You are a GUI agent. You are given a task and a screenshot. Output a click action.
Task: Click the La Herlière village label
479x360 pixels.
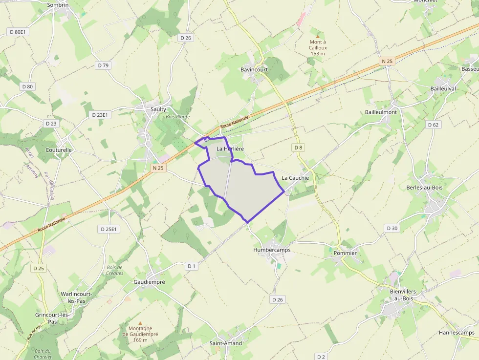click(230, 148)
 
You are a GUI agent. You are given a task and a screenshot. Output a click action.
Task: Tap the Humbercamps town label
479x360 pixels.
click(272, 250)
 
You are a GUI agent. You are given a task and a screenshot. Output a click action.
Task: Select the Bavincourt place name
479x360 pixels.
click(254, 70)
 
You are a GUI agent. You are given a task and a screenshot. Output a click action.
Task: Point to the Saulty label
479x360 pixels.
click(158, 109)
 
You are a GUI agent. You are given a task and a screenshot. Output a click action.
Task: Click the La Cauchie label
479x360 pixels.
click(295, 178)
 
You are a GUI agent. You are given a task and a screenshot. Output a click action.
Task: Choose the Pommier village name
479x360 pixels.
click(345, 253)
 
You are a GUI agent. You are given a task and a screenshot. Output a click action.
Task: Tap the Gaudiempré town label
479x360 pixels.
click(149, 282)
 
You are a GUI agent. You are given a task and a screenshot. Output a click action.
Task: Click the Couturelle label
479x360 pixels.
click(59, 150)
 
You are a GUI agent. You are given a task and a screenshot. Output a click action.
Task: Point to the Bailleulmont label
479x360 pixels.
click(381, 112)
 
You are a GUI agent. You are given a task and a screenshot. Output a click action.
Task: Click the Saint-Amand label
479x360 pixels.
click(226, 343)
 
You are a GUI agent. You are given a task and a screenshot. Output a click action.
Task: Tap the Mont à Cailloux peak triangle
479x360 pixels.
click(318, 36)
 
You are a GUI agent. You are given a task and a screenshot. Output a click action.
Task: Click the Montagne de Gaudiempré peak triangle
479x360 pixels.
click(140, 323)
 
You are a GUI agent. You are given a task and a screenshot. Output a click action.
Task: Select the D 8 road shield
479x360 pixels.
click(298, 147)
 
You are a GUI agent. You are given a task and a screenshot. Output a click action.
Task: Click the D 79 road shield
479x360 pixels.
click(103, 65)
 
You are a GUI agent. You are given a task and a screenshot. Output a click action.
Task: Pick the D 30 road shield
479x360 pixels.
click(392, 228)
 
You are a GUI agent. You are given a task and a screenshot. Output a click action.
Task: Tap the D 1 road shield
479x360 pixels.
click(191, 266)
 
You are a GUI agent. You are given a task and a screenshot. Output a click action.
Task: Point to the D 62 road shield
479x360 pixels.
click(433, 125)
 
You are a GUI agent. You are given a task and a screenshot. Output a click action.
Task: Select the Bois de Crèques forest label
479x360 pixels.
click(115, 270)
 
